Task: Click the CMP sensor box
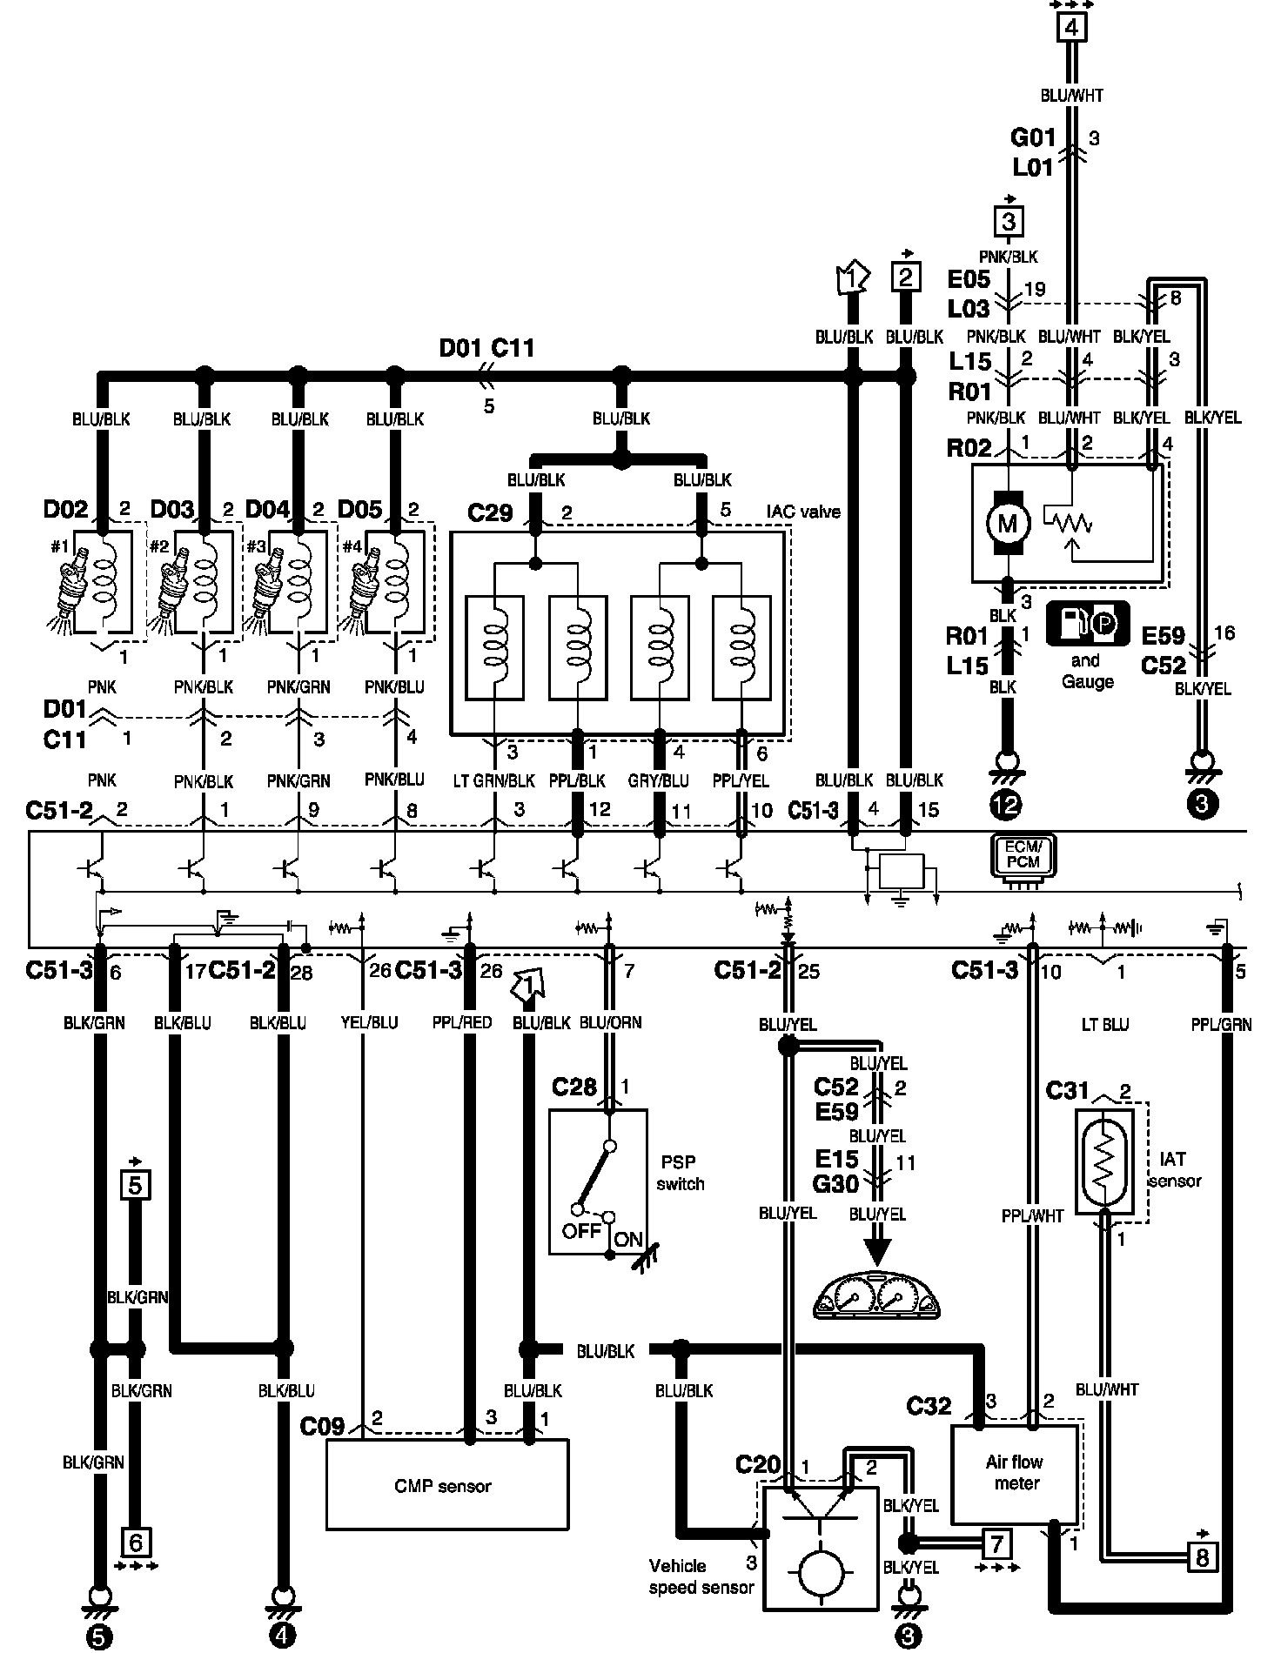[x=446, y=1484]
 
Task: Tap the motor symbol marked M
[x=1007, y=523]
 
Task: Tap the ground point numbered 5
[x=99, y=1637]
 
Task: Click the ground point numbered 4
[x=281, y=1637]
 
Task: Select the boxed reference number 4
[x=1071, y=28]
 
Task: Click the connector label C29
[x=490, y=513]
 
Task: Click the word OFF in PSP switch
[x=581, y=1231]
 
